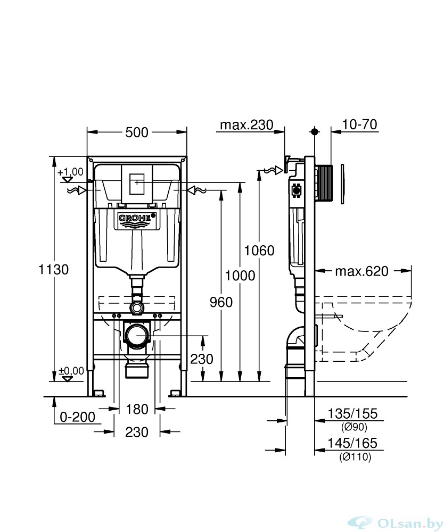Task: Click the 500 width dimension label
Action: (137, 132)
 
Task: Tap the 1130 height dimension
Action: (53, 270)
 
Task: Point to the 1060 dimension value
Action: (259, 251)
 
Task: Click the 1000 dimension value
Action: (240, 276)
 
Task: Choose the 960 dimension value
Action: (221, 302)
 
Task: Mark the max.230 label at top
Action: (247, 125)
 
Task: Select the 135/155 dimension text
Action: (352, 413)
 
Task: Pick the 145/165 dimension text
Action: (352, 443)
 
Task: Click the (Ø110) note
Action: (355, 457)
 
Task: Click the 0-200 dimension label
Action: (78, 417)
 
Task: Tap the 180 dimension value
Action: (137, 409)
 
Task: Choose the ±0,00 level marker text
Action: (71, 371)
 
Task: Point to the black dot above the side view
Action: (315, 131)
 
